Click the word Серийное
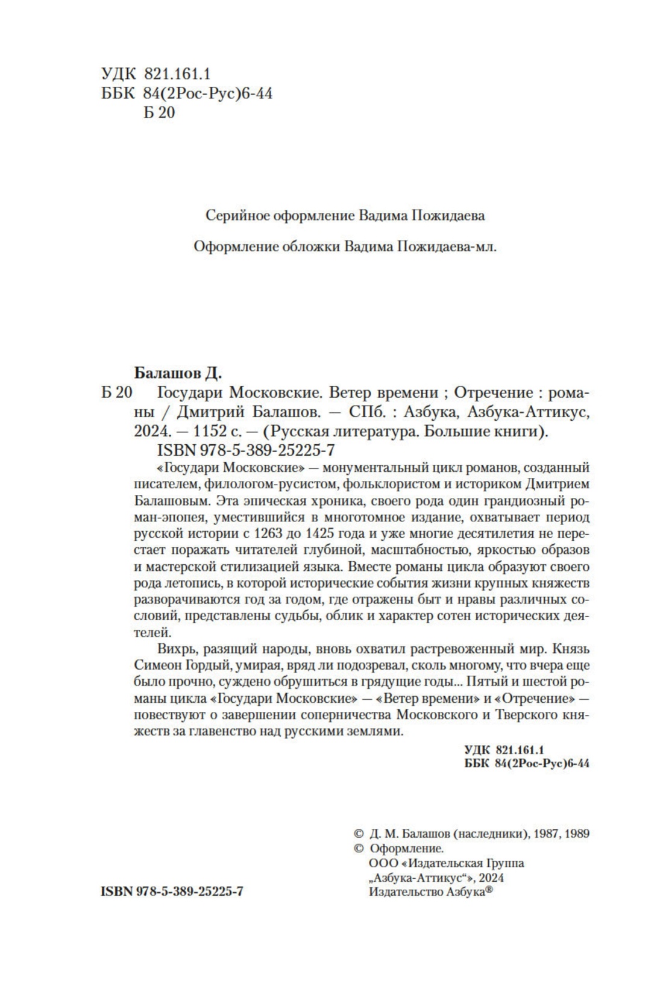pyautogui.click(x=237, y=215)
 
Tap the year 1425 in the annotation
pyautogui.click(x=324, y=533)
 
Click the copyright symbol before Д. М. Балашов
pyautogui.click(x=358, y=834)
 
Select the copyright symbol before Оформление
pyautogui.click(x=358, y=849)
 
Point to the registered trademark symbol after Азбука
pyautogui.click(x=489, y=890)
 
